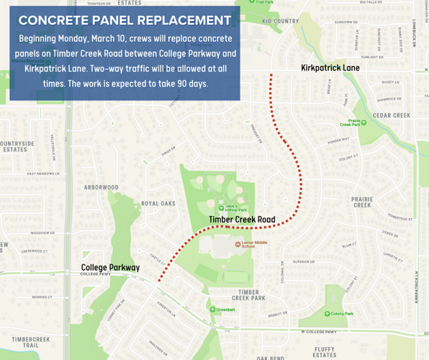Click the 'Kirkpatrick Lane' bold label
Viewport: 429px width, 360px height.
click(x=330, y=68)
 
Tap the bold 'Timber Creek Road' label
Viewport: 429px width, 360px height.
click(x=242, y=219)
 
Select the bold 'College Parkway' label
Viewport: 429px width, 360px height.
click(x=110, y=267)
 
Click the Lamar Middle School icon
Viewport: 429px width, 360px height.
click(x=238, y=244)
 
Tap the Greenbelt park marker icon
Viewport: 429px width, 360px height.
click(x=213, y=310)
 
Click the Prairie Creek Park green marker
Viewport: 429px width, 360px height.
click(x=363, y=122)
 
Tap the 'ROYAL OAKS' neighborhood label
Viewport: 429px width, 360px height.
click(x=158, y=204)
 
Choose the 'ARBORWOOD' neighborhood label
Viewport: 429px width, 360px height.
click(x=101, y=187)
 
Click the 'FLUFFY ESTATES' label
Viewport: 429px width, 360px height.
click(x=325, y=351)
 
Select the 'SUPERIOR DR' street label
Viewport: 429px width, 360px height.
click(x=303, y=262)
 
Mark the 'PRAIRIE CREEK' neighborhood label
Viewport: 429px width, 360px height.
click(x=361, y=202)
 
